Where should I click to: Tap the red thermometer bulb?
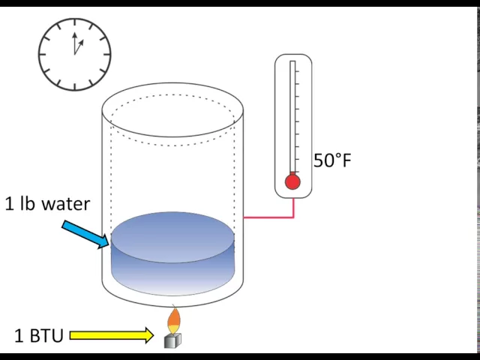click(292, 181)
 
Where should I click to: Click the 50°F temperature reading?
click(331, 160)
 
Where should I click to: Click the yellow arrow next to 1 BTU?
click(111, 335)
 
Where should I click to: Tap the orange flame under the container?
click(173, 320)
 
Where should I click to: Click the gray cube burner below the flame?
click(172, 340)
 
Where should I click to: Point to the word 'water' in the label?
click(66, 204)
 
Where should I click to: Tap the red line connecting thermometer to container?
click(270, 217)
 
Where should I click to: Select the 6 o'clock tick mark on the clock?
click(74, 85)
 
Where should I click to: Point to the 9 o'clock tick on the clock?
click(43, 54)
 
